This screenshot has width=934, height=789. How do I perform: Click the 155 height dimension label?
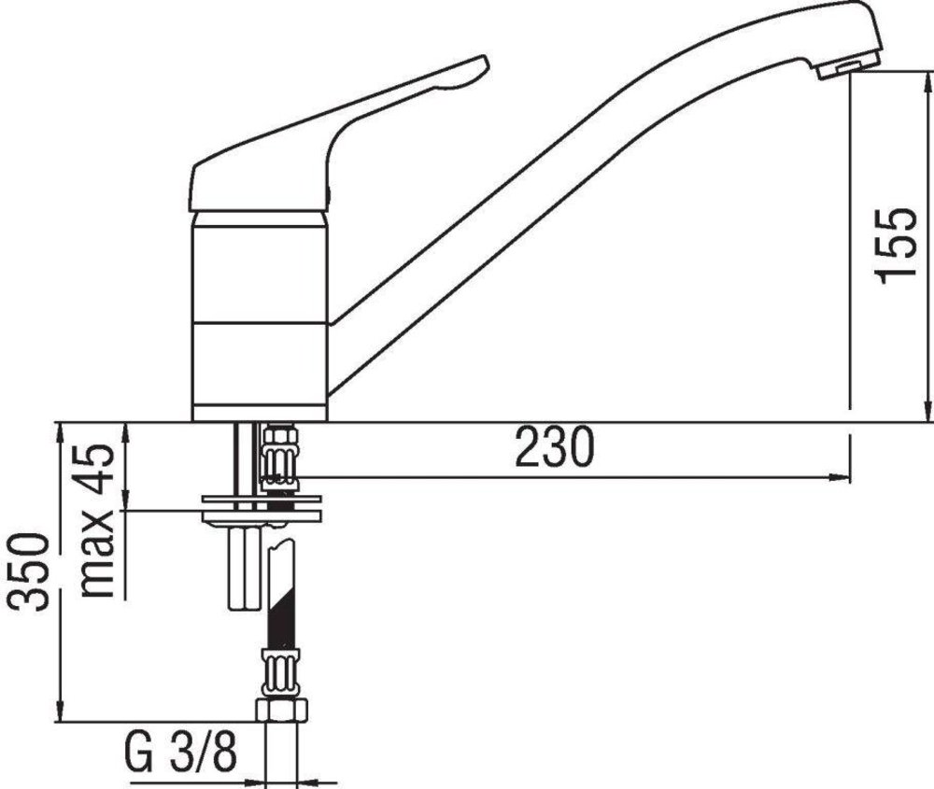896,246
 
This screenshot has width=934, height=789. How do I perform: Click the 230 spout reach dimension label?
555,446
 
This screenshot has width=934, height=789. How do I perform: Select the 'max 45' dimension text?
96,521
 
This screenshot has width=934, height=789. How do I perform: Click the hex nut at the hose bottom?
282,711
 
